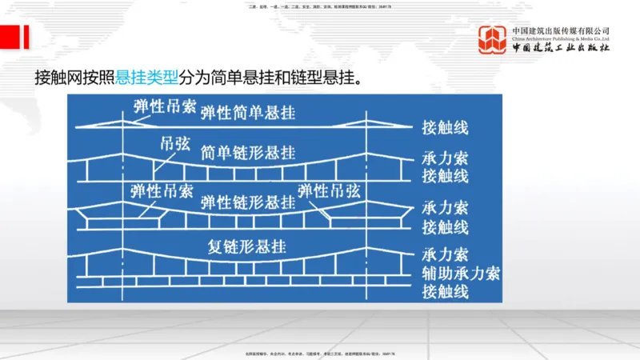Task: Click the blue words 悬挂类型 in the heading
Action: (x=149, y=78)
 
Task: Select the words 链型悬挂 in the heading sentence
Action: (x=322, y=78)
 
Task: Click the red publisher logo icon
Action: (x=493, y=40)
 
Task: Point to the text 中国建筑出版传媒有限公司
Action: (x=561, y=30)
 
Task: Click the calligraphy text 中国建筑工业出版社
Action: (x=561, y=49)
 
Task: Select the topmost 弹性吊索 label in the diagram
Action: (x=160, y=105)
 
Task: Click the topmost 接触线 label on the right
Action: (x=445, y=128)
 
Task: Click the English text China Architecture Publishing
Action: (x=561, y=38)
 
